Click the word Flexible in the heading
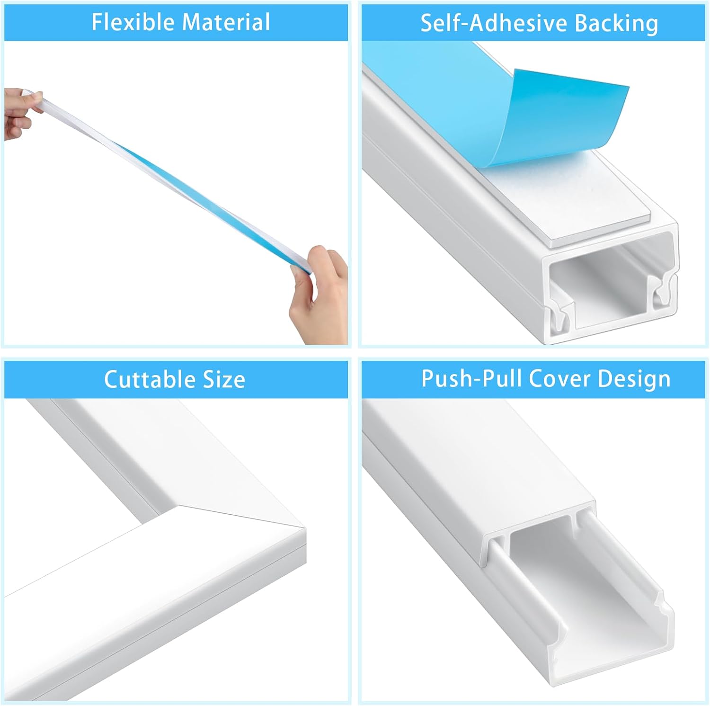(x=133, y=22)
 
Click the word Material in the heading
(x=226, y=22)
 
